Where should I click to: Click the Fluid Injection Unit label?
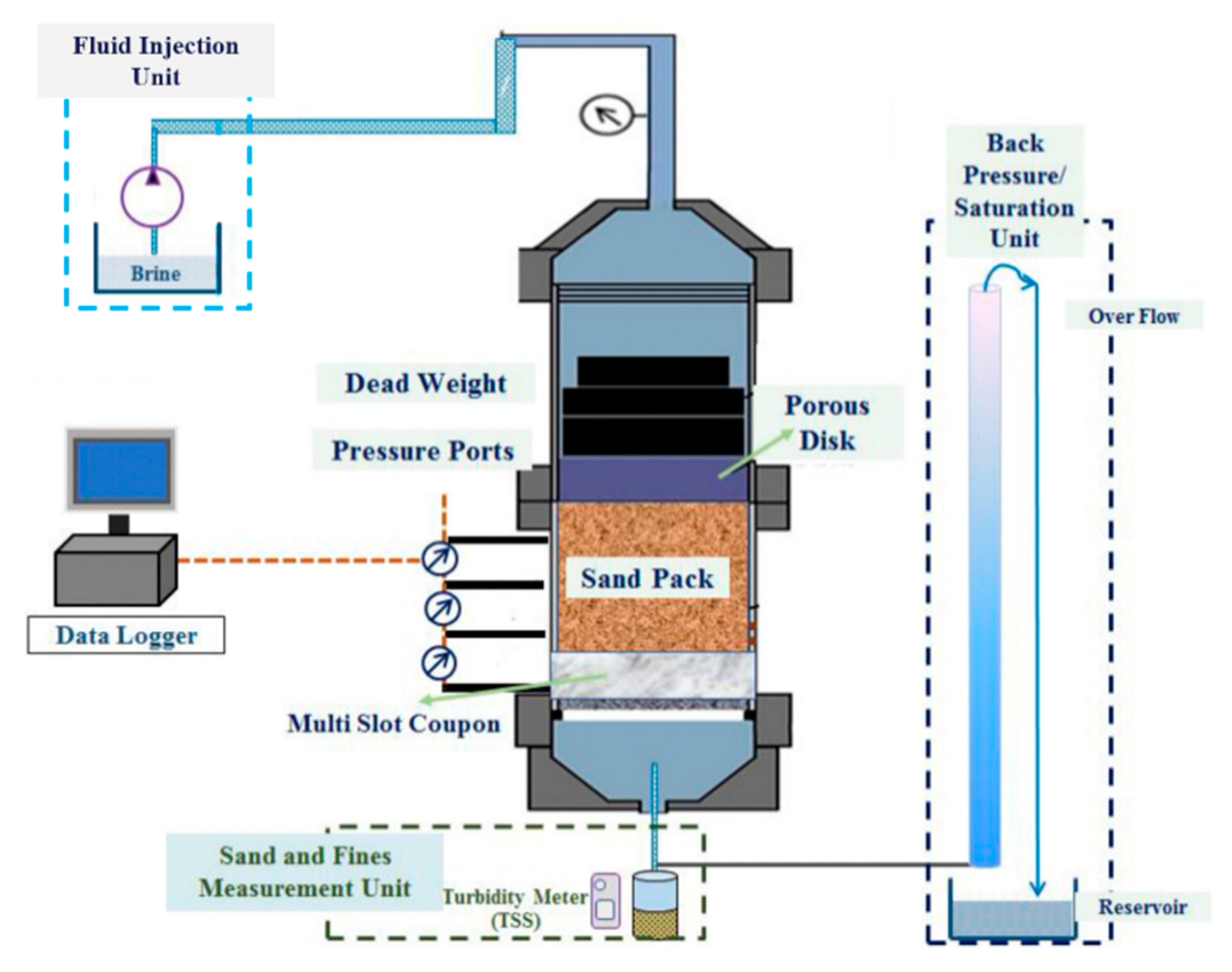pyautogui.click(x=156, y=61)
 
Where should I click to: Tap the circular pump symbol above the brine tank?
pyautogui.click(x=152, y=197)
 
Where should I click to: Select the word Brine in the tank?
pyautogui.click(x=155, y=274)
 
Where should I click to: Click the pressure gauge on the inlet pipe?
pyautogui.click(x=607, y=116)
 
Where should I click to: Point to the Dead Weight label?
pyautogui.click(x=426, y=383)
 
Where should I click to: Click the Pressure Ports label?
pyautogui.click(x=423, y=451)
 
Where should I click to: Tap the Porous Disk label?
pyautogui.click(x=827, y=423)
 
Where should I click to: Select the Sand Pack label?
pyautogui.click(x=647, y=578)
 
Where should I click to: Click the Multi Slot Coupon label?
pyautogui.click(x=394, y=723)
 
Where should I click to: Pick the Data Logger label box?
pyautogui.click(x=126, y=635)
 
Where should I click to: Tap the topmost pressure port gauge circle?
pyautogui.click(x=440, y=558)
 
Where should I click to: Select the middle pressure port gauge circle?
pyautogui.click(x=442, y=608)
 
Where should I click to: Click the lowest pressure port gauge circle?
pyautogui.click(x=439, y=663)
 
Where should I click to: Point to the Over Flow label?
pyautogui.click(x=1134, y=316)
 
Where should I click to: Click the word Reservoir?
pyautogui.click(x=1143, y=907)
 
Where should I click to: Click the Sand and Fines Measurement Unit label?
pyautogui.click(x=305, y=872)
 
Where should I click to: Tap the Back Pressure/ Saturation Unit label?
pyautogui.click(x=1014, y=191)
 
